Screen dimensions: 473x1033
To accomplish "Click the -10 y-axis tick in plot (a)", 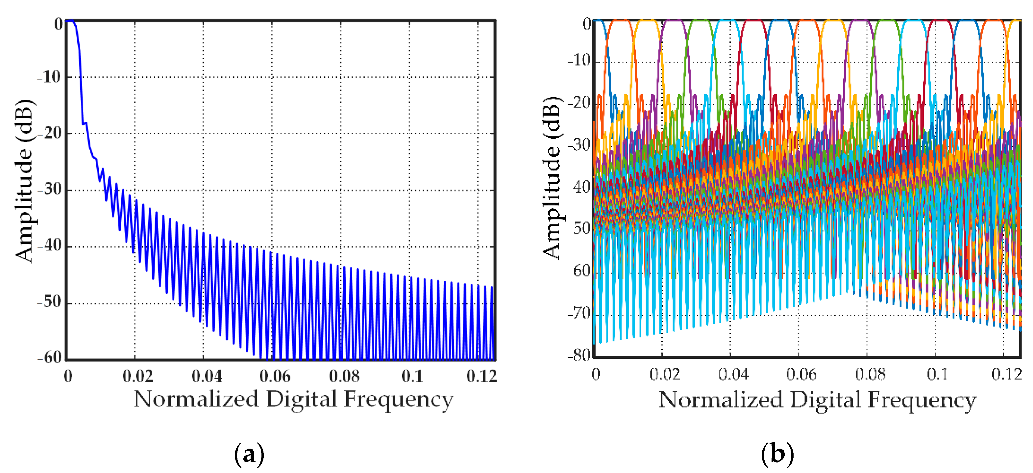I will [x=49, y=77].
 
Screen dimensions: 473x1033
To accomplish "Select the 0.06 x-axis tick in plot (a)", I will [x=275, y=376].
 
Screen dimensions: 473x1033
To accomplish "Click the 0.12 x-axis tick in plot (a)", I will [x=481, y=376].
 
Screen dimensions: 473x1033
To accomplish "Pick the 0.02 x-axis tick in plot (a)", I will [x=137, y=376].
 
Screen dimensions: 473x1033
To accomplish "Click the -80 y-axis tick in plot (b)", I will [x=578, y=355].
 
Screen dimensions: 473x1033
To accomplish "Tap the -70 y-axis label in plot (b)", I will [x=578, y=313].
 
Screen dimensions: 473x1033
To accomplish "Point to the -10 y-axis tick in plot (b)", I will [x=578, y=61].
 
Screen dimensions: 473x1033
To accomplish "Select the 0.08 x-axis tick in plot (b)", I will [x=870, y=374].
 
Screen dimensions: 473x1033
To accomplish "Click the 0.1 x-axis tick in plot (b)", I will [x=937, y=374].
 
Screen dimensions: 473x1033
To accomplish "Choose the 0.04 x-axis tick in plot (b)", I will [x=733, y=374].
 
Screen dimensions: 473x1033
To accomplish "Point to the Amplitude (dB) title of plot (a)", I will [x=24, y=180].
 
